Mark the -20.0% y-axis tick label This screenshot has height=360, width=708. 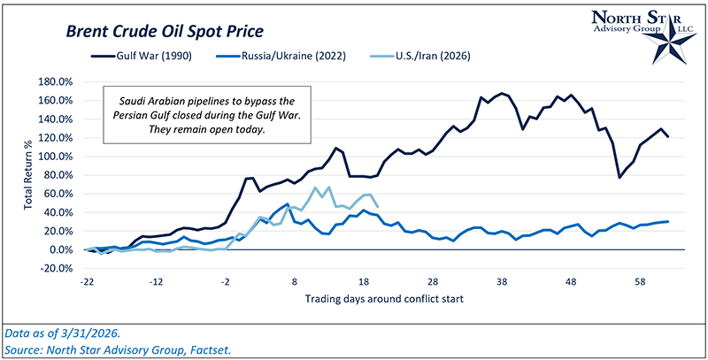56,268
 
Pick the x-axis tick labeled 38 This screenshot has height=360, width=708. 503,280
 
